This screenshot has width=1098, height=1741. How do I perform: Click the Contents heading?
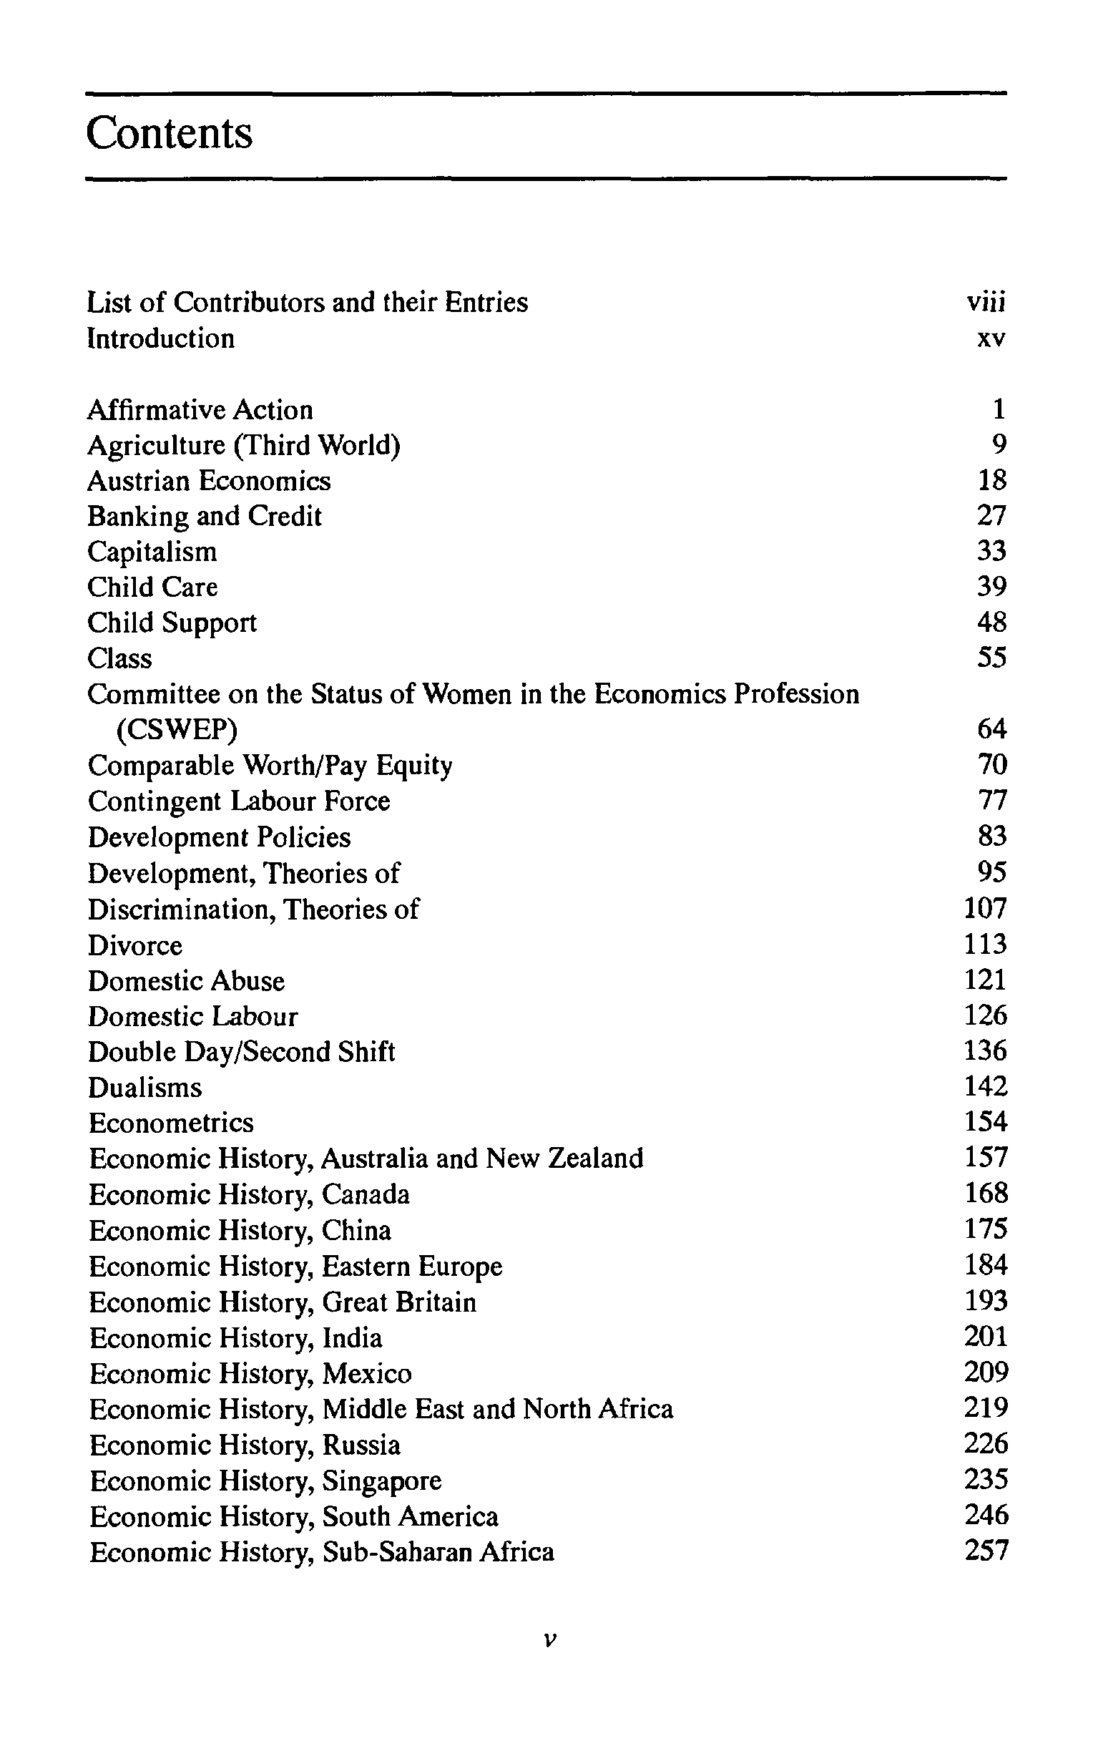[169, 134]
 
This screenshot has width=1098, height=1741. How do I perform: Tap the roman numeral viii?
[986, 302]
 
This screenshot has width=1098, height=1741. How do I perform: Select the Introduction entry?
[160, 338]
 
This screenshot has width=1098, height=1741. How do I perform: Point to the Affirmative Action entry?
[200, 410]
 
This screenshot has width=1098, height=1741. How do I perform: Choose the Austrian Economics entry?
[209, 481]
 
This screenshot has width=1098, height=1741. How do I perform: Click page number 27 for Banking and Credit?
[991, 515]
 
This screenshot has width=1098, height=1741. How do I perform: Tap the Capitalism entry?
[152, 552]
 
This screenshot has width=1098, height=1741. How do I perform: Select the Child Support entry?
[172, 623]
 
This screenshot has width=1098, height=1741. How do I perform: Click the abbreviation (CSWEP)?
[177, 729]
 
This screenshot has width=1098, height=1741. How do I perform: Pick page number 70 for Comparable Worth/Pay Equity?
[991, 764]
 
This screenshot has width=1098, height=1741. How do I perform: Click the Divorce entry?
[135, 945]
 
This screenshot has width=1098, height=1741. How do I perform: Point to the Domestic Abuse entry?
[187, 981]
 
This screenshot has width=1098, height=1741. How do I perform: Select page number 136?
[985, 1050]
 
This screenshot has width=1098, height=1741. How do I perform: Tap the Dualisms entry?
[144, 1088]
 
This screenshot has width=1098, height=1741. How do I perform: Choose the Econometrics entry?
[171, 1123]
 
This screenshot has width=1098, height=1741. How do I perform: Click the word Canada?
[366, 1194]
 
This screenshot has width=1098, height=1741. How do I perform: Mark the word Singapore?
[382, 1481]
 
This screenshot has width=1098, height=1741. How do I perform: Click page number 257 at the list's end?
[986, 1551]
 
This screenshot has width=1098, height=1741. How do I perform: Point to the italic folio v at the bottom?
[549, 1639]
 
